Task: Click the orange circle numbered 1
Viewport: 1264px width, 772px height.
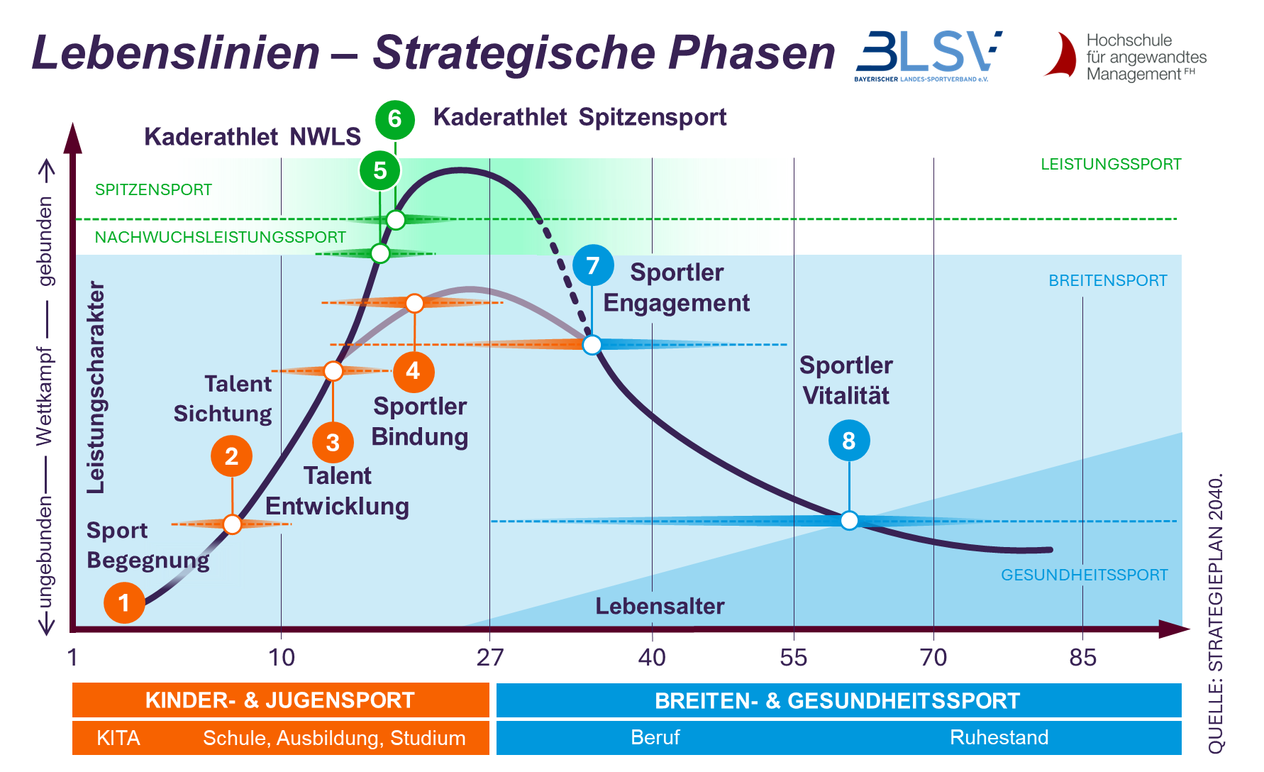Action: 124,603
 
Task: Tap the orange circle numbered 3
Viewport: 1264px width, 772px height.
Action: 333,442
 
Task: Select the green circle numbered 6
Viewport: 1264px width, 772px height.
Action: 395,119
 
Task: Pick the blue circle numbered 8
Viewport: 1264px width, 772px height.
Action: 849,441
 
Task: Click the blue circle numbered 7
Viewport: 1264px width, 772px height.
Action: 593,265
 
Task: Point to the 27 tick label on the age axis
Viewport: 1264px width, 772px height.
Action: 489,658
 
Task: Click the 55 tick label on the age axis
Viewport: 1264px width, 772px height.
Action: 793,658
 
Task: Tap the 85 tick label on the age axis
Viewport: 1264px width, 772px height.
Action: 1082,658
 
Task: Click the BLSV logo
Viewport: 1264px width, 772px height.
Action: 928,56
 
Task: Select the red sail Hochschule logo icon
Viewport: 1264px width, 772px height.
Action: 1061,55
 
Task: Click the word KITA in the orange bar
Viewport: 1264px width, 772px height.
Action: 118,738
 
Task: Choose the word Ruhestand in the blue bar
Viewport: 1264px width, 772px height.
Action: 999,737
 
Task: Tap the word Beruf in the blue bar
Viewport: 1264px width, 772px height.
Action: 655,737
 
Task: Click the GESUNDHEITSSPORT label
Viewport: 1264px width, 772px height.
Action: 1084,575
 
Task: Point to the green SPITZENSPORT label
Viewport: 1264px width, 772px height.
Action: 153,189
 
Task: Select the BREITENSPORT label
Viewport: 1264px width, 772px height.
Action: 1107,280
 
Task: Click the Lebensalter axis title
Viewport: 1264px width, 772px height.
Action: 660,606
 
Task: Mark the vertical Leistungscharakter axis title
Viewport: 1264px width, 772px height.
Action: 96,387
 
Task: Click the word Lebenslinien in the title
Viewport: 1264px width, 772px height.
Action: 176,53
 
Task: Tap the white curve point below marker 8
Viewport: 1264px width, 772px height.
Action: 849,521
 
